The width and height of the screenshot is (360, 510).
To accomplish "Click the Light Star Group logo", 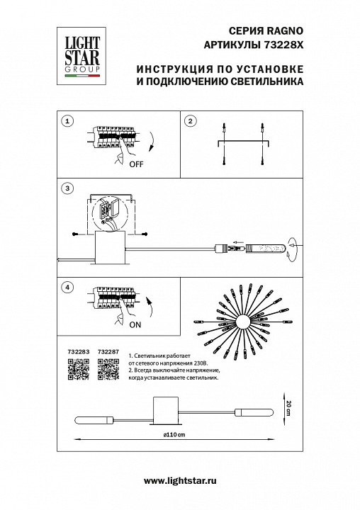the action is click(81, 56).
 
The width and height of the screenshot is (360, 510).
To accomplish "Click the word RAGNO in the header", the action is click(285, 31).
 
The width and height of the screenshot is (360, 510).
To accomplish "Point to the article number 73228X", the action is click(283, 45).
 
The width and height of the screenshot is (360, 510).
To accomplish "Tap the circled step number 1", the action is click(67, 122).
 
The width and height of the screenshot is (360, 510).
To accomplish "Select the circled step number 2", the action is click(191, 122).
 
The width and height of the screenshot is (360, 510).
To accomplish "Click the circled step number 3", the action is click(67, 188).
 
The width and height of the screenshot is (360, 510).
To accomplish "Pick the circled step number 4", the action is click(67, 287).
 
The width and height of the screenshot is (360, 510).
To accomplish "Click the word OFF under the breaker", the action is click(136, 164).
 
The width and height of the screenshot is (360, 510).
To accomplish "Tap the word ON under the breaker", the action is click(135, 324).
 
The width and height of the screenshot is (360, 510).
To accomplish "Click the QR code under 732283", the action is click(79, 369).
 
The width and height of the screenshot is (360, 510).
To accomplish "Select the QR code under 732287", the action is click(108, 369).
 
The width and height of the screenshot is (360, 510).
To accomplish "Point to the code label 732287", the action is click(108, 351).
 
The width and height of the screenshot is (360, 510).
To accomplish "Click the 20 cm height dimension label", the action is click(288, 408).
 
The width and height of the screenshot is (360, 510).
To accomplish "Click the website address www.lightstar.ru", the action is click(180, 481).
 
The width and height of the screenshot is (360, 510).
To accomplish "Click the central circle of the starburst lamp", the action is click(243, 322).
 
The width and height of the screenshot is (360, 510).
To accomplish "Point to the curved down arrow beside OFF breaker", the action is click(151, 142).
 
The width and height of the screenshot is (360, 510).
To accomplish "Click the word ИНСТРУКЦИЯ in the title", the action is click(171, 69).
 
